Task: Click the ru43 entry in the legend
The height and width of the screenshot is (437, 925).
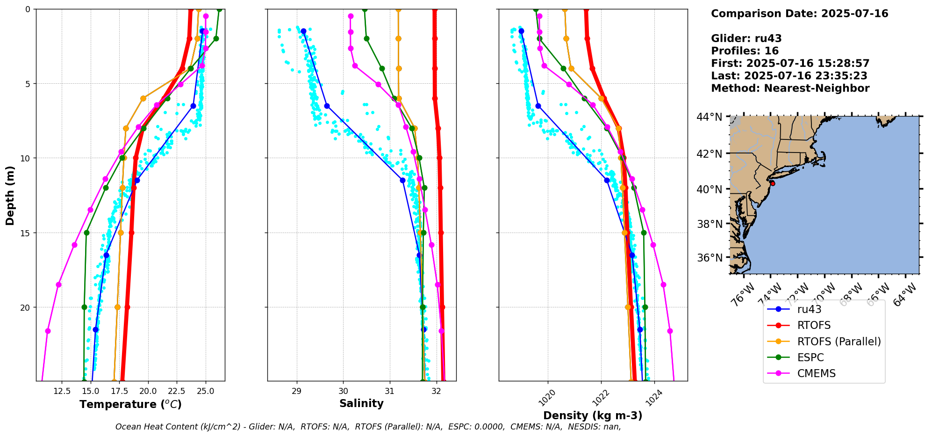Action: tap(809, 309)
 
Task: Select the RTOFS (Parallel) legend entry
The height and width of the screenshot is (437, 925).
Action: tap(839, 342)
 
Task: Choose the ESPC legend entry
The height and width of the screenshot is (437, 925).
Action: tap(810, 357)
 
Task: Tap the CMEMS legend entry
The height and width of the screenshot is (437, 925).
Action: tap(816, 373)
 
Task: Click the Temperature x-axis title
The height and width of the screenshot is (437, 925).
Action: tap(130, 404)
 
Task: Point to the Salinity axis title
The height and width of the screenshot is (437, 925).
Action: tap(361, 403)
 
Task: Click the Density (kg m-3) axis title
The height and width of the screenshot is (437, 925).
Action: tap(593, 415)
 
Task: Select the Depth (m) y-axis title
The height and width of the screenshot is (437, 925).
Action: tap(10, 195)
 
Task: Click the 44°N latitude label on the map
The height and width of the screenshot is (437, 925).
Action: tap(710, 117)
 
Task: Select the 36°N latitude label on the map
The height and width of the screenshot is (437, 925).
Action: tap(710, 258)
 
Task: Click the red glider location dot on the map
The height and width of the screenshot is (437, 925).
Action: tap(773, 183)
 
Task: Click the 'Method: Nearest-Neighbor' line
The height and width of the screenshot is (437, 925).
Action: tap(790, 88)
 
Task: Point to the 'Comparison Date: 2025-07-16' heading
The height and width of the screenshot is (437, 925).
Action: tap(799, 14)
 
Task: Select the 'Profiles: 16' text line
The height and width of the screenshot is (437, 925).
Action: tap(745, 51)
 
